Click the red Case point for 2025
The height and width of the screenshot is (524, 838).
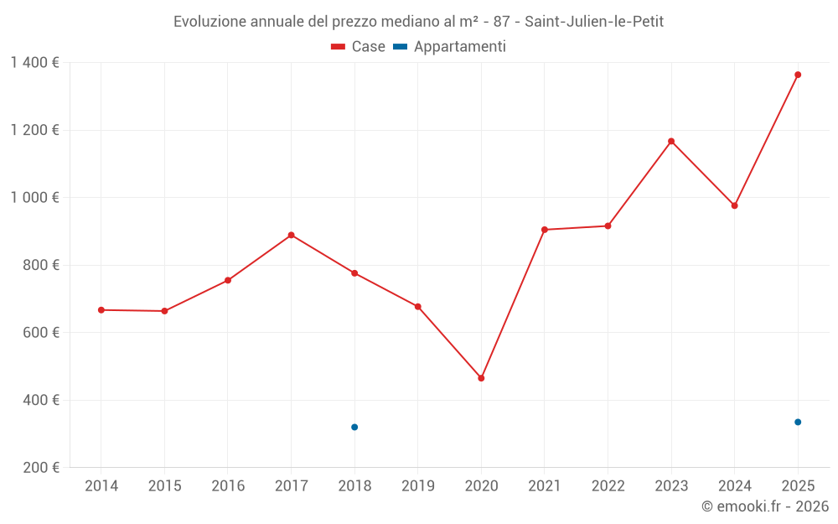coord(798,75)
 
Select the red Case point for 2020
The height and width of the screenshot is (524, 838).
coord(481,378)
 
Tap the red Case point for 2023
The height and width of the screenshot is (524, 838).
coord(671,141)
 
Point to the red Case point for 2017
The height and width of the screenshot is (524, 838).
coord(291,235)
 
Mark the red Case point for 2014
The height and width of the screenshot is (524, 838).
coord(101,310)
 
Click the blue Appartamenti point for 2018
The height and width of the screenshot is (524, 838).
coord(354,428)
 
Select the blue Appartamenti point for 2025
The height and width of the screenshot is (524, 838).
coord(798,422)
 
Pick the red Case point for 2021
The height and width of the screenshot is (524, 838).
coord(545,230)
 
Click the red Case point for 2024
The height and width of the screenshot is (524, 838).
coord(735,205)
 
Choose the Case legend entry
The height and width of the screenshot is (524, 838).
coord(359,47)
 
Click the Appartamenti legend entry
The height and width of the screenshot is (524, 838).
coord(450,47)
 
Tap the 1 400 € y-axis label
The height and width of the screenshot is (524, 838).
coord(34,63)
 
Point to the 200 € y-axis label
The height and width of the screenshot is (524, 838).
coord(39,468)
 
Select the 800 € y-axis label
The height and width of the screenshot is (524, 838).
coord(39,265)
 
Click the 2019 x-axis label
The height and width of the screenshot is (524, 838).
coord(418,486)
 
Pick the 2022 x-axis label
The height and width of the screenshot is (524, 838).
coord(608,486)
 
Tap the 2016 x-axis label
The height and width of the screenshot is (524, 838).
coord(228,486)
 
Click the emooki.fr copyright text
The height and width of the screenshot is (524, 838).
coord(764,506)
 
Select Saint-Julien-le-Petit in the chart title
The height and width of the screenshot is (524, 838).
coord(594,22)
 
